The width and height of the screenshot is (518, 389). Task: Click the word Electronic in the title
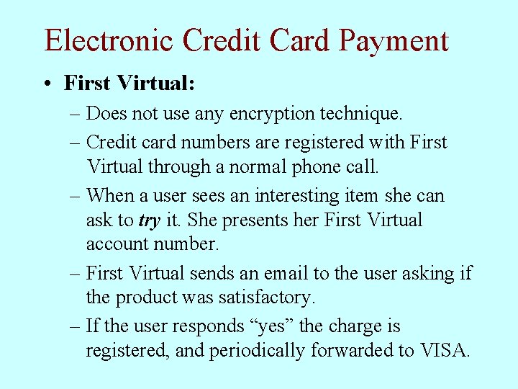(x=109, y=40)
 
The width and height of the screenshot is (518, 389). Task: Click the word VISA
(x=445, y=351)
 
